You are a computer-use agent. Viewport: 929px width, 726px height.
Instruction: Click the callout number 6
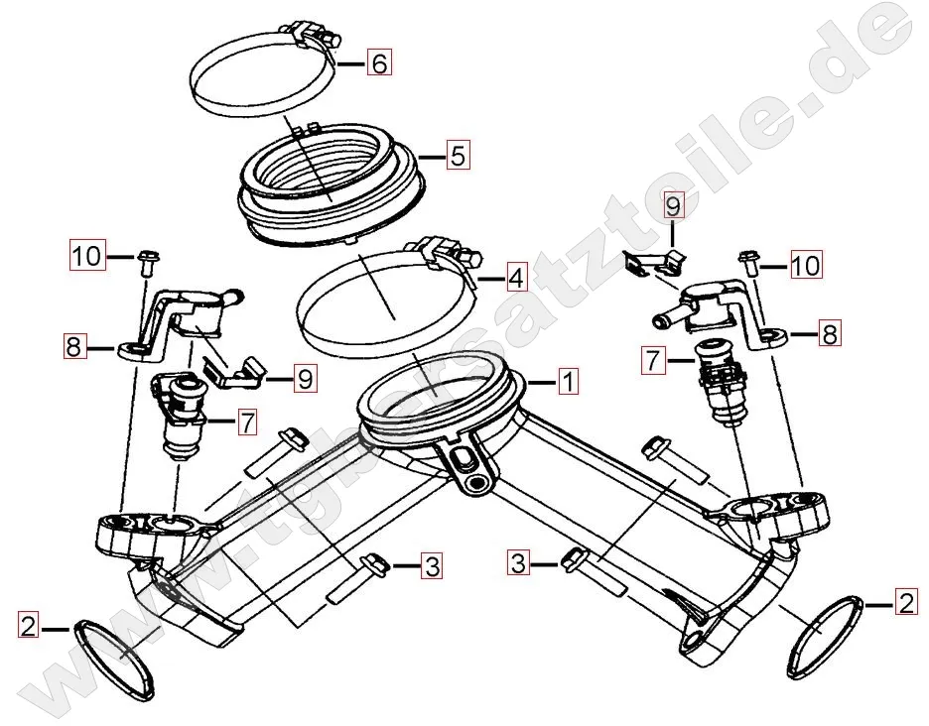click(x=379, y=62)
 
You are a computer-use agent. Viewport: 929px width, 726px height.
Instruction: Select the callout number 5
click(x=458, y=156)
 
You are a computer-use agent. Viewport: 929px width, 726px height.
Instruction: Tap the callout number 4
click(x=516, y=277)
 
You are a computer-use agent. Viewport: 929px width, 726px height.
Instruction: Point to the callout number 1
click(x=568, y=382)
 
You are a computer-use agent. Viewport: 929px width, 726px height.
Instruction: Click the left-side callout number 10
click(x=87, y=256)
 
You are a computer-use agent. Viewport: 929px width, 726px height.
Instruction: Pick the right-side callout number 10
click(x=806, y=265)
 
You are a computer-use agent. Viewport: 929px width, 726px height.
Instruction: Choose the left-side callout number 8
click(x=73, y=346)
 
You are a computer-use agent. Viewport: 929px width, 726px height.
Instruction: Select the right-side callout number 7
click(x=653, y=359)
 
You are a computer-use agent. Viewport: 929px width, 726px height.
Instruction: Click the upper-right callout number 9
click(x=672, y=205)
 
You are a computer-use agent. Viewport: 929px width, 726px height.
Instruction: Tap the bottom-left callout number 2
click(x=28, y=625)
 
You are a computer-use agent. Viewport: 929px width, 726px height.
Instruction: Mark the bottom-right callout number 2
click(x=906, y=603)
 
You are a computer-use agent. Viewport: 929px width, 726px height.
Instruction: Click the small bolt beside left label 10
click(x=146, y=263)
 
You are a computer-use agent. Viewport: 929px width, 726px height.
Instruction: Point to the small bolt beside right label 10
click(x=747, y=263)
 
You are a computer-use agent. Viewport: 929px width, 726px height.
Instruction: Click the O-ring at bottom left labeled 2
click(x=115, y=658)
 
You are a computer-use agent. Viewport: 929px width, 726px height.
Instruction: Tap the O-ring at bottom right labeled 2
click(x=826, y=633)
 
